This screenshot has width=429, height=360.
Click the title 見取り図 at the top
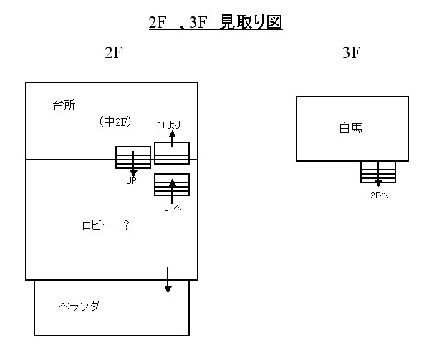(x=251, y=22)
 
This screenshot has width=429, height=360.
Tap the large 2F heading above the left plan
(x=114, y=52)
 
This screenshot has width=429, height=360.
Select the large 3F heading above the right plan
(x=352, y=52)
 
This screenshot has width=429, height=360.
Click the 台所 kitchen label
(x=64, y=105)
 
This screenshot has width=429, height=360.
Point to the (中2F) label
(x=115, y=122)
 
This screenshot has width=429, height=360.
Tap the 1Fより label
(x=169, y=125)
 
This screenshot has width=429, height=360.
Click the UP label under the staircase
(x=131, y=180)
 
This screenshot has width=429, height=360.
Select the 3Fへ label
(x=173, y=208)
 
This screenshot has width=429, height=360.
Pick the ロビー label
(x=97, y=225)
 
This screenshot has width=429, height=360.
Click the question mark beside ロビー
(x=126, y=225)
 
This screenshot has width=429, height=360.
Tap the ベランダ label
(x=79, y=306)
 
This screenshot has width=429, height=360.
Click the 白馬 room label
(x=350, y=128)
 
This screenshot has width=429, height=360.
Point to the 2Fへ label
(x=379, y=195)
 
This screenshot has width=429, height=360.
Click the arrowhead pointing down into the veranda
(x=168, y=289)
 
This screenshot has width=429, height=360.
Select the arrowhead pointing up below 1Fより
(x=172, y=134)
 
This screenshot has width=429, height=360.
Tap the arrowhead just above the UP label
(x=133, y=172)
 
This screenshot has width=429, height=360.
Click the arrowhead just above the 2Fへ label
(x=378, y=183)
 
